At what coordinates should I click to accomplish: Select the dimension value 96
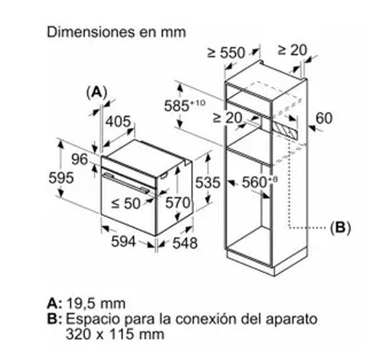pos(79,160)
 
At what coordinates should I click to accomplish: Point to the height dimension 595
pos(61,177)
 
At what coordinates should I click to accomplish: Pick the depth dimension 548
pos(185,243)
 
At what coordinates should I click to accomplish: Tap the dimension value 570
pos(177,203)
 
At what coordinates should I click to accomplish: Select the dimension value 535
pos(207,183)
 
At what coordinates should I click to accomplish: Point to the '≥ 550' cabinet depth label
pos(226,53)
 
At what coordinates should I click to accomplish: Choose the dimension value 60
pos(324,117)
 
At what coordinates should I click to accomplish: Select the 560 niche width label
pos(256,183)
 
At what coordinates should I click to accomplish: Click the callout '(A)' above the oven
pos(96,92)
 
